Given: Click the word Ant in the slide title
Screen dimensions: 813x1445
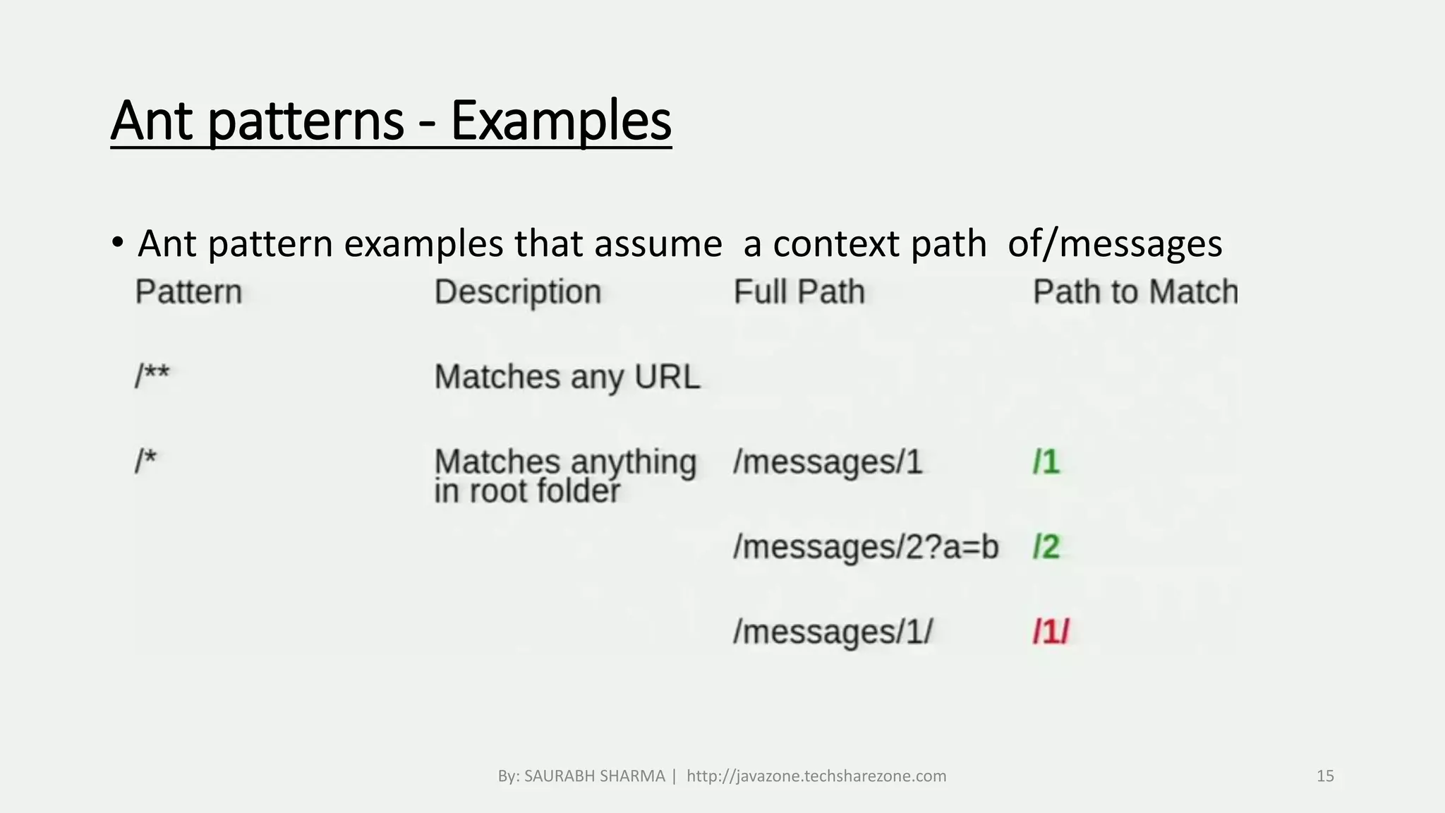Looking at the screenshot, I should (x=151, y=121).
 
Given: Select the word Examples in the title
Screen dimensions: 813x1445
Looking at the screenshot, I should (x=561, y=121).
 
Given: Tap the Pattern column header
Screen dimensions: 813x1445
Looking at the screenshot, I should (x=188, y=292).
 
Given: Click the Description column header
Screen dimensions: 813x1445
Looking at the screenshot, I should (x=518, y=292).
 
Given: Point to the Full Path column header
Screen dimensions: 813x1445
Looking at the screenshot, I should (x=799, y=292).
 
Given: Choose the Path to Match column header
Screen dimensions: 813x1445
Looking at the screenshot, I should (x=1135, y=292).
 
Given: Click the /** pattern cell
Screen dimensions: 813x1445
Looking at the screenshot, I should (x=152, y=376).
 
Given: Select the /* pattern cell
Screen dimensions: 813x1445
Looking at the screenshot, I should (x=145, y=462).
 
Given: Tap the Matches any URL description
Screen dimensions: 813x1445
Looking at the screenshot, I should (x=567, y=377).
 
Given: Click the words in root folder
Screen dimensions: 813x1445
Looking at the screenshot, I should (x=527, y=492).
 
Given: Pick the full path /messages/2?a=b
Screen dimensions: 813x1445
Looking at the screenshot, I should (x=866, y=547).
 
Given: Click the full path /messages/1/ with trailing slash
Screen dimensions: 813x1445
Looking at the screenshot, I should (x=833, y=632).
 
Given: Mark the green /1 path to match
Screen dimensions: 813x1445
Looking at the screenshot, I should (x=1046, y=462).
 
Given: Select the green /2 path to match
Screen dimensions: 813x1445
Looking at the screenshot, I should (x=1046, y=547).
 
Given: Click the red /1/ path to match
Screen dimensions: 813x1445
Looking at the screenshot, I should (x=1051, y=632).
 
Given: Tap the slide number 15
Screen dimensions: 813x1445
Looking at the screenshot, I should (x=1325, y=776).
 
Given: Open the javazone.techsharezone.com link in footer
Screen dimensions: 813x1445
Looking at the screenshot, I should (x=816, y=776).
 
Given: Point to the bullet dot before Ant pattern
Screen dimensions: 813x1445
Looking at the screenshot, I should (x=117, y=243).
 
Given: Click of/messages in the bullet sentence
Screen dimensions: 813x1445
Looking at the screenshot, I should (x=1115, y=244).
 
